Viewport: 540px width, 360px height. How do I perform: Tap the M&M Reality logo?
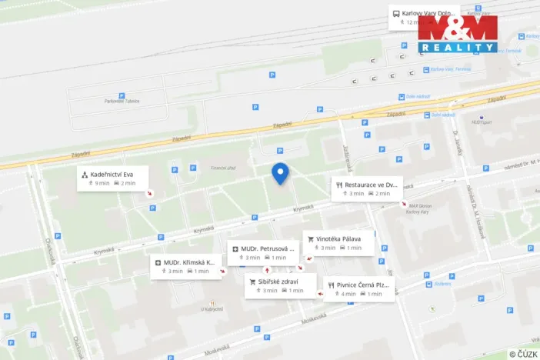pos(457,34)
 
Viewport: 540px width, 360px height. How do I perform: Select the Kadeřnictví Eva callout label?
pos(112,178)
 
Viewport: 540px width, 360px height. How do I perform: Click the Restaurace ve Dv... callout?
pos(366,188)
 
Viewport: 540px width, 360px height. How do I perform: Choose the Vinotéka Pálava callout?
pos(338,243)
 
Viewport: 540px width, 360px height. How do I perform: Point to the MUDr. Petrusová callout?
pos(263,252)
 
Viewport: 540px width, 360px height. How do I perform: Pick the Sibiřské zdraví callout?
pos(280,285)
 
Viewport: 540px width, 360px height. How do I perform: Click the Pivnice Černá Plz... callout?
pos(358,289)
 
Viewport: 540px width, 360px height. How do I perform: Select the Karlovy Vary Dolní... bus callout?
pos(424,17)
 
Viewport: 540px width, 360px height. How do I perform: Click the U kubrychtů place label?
pos(212,310)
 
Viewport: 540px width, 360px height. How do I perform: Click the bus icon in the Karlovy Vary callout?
pos(396,13)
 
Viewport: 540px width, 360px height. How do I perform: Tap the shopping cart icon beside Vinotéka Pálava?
pos(311,238)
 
